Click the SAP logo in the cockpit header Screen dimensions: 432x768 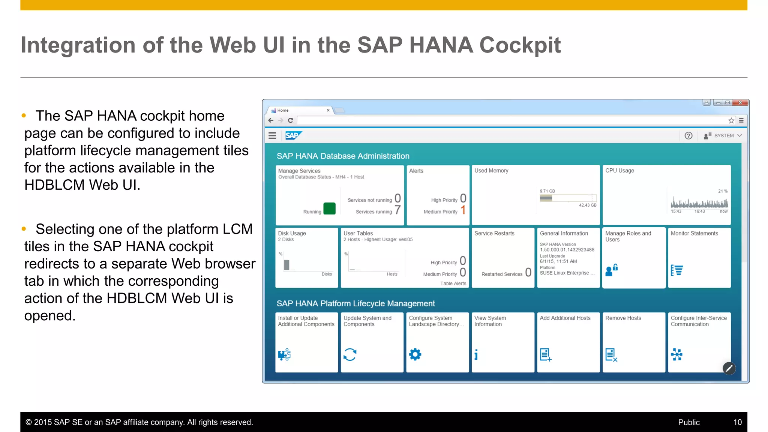(293, 135)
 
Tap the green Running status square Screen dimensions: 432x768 (329, 208)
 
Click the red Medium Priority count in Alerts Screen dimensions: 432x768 (463, 210)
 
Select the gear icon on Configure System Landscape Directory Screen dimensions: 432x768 (415, 354)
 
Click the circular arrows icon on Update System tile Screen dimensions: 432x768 (350, 354)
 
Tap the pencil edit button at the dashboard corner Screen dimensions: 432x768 (729, 368)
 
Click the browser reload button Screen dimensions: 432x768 (291, 120)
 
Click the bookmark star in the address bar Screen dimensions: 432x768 (731, 120)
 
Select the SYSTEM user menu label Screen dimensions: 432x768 (724, 136)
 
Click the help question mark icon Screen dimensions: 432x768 (688, 136)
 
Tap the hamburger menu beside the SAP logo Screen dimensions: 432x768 (273, 136)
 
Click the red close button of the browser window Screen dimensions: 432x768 (740, 103)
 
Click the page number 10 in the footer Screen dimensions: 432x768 (737, 422)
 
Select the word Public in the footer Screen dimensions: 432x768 (689, 422)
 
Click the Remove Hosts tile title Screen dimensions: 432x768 (623, 318)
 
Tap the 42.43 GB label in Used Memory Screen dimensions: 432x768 (587, 205)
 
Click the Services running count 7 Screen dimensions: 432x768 (397, 210)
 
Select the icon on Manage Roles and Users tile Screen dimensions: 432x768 (612, 270)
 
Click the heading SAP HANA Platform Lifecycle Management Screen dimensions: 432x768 (355, 303)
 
